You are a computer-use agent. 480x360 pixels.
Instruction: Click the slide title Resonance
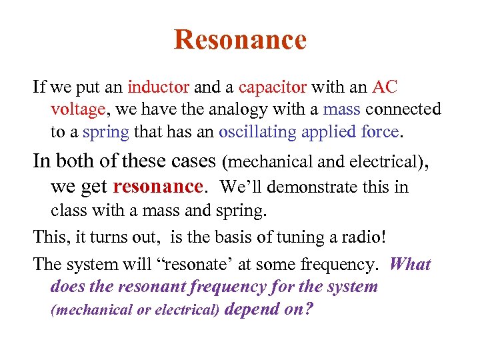pos(240,40)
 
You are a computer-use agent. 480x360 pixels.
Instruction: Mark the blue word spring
pos(106,131)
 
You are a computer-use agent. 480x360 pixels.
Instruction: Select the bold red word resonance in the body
pos(158,186)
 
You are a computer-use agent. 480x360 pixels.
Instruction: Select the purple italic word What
pos(410,265)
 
